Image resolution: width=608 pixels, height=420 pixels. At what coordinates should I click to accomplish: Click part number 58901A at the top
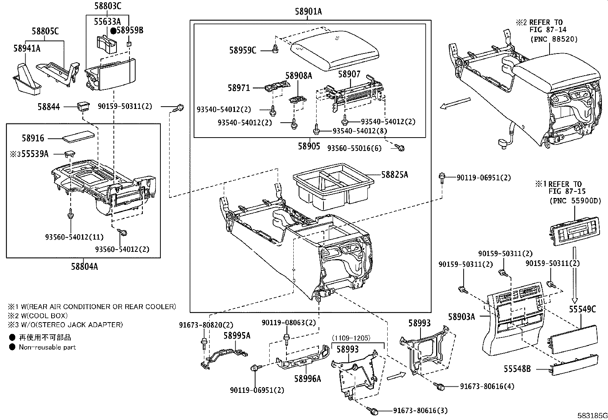pos(308,12)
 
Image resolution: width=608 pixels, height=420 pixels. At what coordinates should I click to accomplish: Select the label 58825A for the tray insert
pos(395,175)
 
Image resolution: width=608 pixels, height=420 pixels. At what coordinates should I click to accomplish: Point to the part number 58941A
pos(27,48)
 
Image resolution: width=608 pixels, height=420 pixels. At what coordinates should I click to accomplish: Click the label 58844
pos(49,107)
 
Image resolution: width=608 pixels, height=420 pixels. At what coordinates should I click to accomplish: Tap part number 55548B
pos(517,369)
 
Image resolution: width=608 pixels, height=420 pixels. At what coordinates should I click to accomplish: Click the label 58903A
pos(461,316)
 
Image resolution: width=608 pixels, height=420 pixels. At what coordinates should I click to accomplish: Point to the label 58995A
pos(237,335)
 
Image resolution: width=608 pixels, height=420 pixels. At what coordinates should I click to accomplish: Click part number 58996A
pos(307,379)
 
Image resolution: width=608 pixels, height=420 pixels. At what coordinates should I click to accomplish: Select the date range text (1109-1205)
pos(351,338)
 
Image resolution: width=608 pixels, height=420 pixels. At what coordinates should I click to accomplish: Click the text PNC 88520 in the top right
pos(554,39)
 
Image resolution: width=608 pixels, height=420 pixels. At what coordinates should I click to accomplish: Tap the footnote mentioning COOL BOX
pos(38,316)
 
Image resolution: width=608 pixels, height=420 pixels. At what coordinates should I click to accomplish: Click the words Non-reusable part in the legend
pos(47,347)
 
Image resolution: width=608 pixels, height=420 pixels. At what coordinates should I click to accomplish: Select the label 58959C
pos(243,50)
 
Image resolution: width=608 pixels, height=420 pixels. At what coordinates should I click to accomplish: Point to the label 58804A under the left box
pos(84,267)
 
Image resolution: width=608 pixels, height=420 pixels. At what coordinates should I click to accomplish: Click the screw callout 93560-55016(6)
pos(354,148)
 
